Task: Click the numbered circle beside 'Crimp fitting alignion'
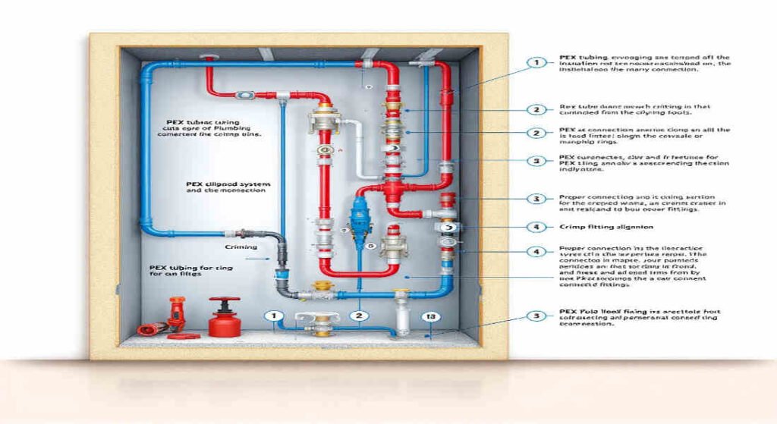[x=536, y=226]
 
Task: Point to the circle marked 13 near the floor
[x=429, y=317]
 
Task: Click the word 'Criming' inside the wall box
[x=241, y=247]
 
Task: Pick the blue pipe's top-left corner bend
[x=143, y=69]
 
